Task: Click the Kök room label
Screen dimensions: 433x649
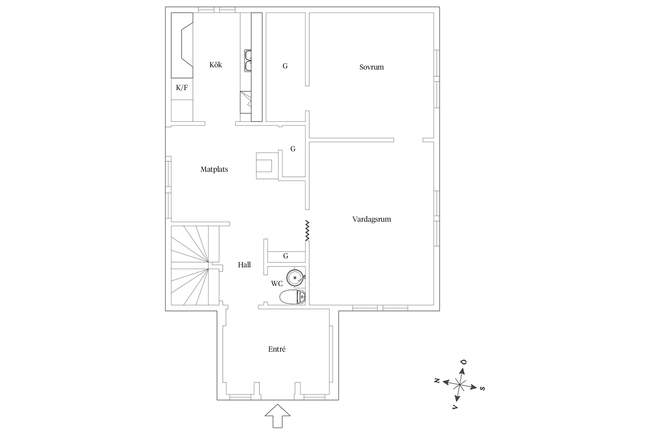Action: (215, 65)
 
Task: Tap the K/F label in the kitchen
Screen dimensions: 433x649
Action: (182, 88)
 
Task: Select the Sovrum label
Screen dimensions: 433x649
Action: (372, 67)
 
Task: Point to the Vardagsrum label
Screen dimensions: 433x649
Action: (372, 219)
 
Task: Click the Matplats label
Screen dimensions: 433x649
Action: (214, 169)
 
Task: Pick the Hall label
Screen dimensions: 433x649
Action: (244, 265)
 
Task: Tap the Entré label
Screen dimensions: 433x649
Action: (277, 349)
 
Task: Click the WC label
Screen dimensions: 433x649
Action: (277, 284)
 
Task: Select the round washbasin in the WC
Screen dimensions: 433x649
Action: (295, 278)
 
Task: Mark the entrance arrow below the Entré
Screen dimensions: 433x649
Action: (277, 416)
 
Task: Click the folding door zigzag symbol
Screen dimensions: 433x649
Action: (307, 231)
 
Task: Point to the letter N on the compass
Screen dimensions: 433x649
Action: (437, 380)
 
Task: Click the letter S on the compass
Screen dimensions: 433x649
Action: (482, 388)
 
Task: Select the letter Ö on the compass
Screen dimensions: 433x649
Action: (464, 362)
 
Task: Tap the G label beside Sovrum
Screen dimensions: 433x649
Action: (285, 66)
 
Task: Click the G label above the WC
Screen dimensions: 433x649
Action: (286, 256)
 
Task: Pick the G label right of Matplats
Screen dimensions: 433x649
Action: (293, 149)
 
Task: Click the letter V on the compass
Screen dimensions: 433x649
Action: (455, 407)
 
